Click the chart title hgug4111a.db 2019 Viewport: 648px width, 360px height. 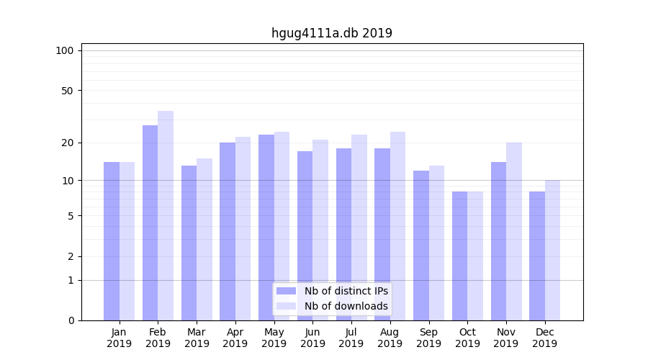click(331, 33)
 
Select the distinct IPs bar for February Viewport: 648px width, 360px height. click(150, 223)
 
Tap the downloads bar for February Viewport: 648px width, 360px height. click(166, 216)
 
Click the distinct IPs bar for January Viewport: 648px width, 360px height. click(112, 241)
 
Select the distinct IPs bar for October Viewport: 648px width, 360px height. click(460, 256)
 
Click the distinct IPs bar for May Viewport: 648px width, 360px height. click(266, 228)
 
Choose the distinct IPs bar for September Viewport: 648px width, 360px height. click(421, 246)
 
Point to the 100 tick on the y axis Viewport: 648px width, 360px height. click(65, 50)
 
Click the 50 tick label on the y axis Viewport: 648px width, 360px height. click(68, 91)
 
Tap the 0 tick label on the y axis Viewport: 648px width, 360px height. click(71, 320)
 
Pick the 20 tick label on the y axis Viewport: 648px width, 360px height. click(68, 143)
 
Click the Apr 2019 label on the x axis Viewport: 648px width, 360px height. click(235, 338)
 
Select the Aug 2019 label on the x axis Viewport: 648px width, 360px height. click(390, 338)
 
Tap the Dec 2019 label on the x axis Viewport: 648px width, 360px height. click(545, 338)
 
